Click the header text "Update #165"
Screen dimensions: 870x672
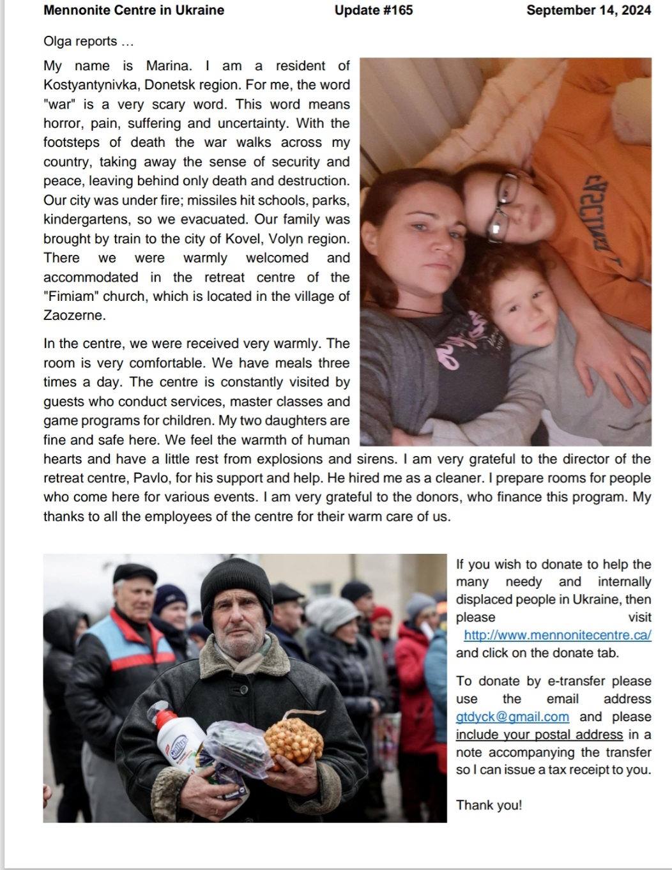coord(374,10)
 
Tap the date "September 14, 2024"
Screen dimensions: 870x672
coord(588,10)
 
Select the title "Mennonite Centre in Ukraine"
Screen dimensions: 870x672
coord(134,10)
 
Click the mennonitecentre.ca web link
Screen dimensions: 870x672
coord(557,635)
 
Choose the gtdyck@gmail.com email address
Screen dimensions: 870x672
coord(512,717)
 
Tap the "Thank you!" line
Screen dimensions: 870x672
coord(489,805)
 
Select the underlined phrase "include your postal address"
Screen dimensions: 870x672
coord(539,735)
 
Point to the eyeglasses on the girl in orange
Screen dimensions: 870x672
coord(502,204)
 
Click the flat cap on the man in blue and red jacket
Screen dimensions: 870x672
coord(135,573)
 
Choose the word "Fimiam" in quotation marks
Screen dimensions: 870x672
coord(70,296)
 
